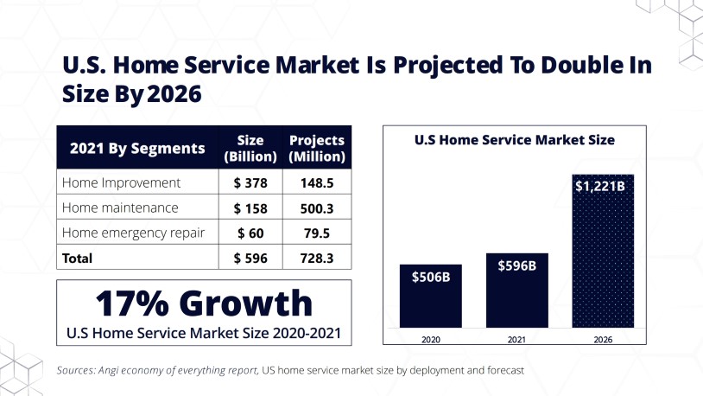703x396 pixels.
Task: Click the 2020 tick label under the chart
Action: (x=431, y=340)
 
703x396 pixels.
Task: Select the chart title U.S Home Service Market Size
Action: (x=515, y=138)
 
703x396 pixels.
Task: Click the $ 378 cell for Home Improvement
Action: (x=251, y=182)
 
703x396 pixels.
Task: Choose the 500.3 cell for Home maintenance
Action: (x=317, y=208)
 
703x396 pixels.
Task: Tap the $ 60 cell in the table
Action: (x=251, y=233)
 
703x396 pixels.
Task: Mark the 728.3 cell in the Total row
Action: (x=317, y=258)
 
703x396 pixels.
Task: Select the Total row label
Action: (x=77, y=258)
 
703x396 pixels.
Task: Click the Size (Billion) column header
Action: (x=250, y=148)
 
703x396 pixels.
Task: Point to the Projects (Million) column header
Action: (x=317, y=148)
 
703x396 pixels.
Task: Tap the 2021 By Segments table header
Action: (x=137, y=148)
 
